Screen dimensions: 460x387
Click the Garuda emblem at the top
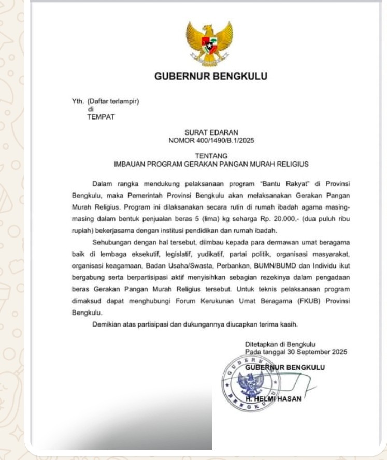click(209, 43)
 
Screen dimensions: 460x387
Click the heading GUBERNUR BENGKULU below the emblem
click(211, 77)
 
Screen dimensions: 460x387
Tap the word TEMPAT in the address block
click(101, 117)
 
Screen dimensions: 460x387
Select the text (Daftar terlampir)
click(113, 102)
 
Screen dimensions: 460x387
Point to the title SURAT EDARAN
click(211, 133)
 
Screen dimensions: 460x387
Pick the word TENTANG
click(211, 156)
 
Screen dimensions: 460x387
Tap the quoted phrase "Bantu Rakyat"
click(270, 185)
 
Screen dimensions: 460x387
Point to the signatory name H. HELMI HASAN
click(273, 399)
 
